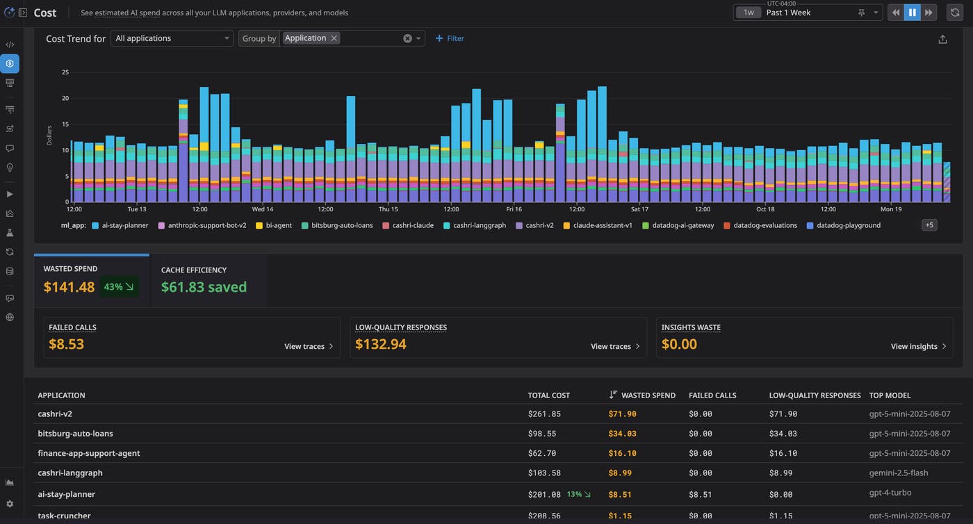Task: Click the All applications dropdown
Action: (172, 38)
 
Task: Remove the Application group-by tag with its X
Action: (334, 38)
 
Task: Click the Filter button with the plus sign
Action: (450, 38)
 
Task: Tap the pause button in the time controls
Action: (912, 13)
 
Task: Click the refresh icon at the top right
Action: (955, 13)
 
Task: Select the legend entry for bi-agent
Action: (274, 225)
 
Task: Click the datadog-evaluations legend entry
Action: (760, 225)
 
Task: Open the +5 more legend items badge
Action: (929, 225)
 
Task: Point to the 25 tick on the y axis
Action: (65, 72)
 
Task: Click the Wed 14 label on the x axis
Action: (263, 209)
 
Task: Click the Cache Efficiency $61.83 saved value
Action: (204, 287)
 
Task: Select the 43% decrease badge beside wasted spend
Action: (119, 287)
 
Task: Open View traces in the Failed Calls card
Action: (309, 346)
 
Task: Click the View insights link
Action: (918, 346)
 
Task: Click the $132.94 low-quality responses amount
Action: (381, 344)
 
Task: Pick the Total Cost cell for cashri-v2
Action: (544, 414)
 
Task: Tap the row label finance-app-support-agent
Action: (89, 453)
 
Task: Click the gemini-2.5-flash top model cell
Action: (898, 473)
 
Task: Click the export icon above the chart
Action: (942, 40)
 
